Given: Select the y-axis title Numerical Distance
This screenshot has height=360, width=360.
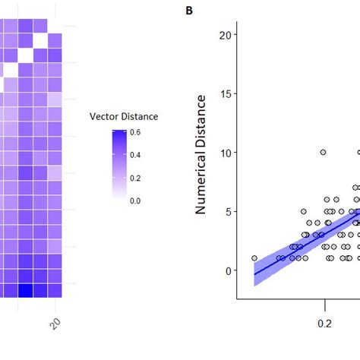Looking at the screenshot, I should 202,154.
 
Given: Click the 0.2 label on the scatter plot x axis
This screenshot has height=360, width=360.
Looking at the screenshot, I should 325,322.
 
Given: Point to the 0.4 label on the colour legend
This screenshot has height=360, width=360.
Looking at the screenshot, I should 135,156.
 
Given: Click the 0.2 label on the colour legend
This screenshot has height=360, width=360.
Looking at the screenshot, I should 135,178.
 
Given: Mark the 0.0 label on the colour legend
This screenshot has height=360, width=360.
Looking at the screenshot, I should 135,201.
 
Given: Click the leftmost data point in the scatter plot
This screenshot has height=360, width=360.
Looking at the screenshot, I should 254,258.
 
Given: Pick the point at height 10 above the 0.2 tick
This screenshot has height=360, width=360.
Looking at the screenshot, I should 323,153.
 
